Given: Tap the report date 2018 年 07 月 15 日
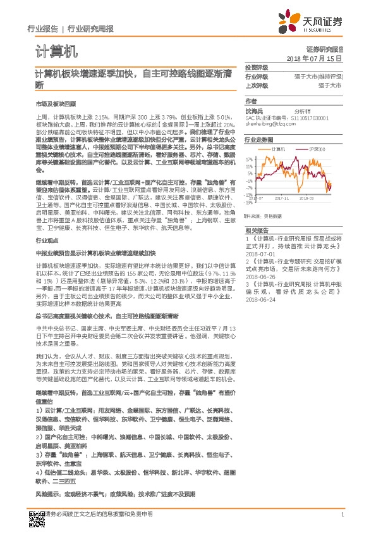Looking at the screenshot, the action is point(314,58).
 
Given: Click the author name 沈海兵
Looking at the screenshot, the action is point(252,110).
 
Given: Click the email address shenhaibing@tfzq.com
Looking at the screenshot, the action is point(270,123).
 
